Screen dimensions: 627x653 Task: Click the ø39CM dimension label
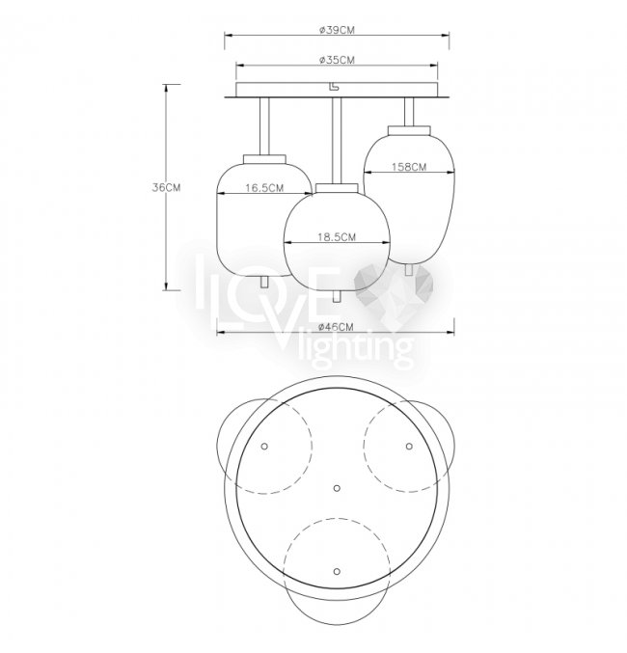337,30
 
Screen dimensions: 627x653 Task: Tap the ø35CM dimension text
337,61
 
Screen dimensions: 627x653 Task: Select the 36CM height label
166,187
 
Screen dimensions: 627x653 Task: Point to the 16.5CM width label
264,188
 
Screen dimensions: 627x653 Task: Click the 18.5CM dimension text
337,237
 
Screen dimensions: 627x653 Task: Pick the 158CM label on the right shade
409,167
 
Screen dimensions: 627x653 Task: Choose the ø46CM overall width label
336,327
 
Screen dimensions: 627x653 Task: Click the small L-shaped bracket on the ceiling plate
334,86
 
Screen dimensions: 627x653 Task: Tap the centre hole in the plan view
337,488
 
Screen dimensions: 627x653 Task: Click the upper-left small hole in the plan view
264,447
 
